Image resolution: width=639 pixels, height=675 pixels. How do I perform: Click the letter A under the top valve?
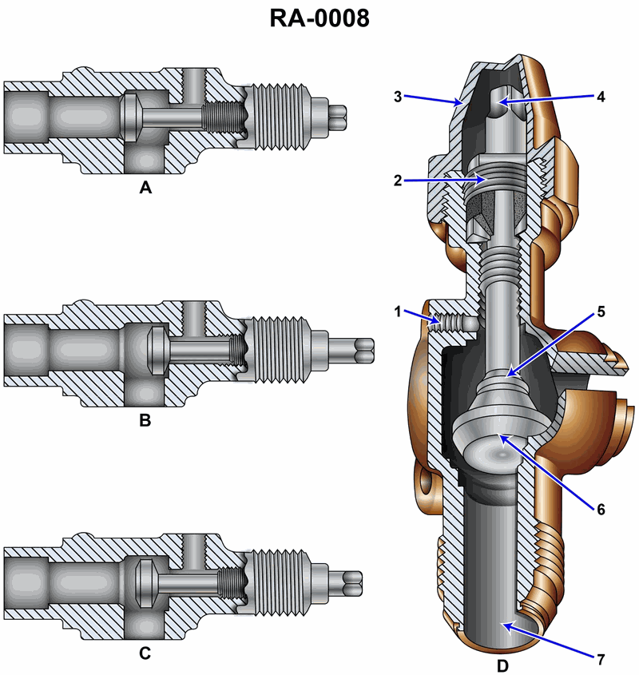coord(145,189)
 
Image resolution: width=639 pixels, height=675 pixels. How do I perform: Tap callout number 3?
coord(398,97)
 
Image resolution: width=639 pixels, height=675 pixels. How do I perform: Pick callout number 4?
coord(601,97)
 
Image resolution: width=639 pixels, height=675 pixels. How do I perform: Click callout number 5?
coord(601,311)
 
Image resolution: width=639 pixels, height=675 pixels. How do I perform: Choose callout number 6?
coord(601,508)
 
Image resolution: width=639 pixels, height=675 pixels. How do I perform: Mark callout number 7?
coord(601,659)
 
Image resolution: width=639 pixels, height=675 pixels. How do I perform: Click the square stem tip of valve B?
coord(363,348)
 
